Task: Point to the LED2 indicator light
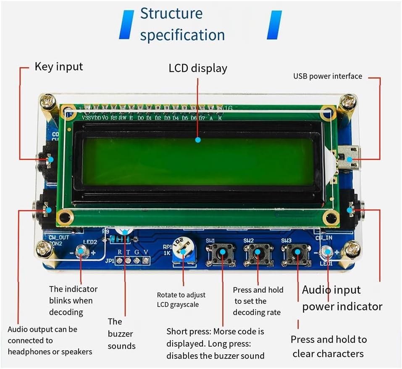81,252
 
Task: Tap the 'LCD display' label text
198,68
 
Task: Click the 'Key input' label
59,66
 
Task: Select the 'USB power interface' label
327,76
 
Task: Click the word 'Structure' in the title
171,13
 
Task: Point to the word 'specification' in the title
182,35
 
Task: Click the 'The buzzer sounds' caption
121,334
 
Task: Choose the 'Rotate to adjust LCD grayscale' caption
181,300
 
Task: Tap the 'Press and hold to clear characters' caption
328,346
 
